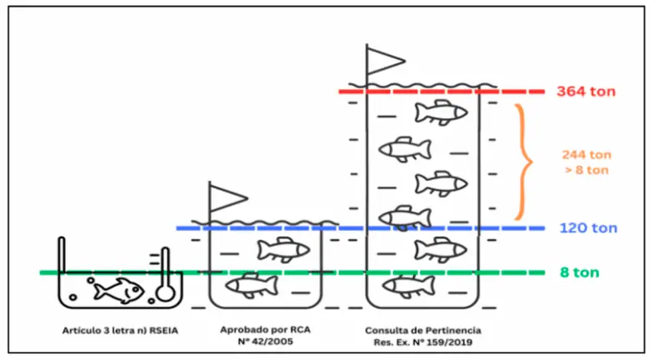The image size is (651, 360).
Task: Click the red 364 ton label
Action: pos(586,92)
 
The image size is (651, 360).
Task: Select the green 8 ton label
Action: pos(579,272)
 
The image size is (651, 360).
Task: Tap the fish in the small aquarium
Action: pos(121,289)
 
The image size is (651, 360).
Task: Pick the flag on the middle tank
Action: pos(226,197)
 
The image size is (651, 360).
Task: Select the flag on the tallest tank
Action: pos(384,58)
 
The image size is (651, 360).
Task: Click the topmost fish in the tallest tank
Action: pos(441,112)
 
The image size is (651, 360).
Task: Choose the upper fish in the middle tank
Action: pos(283,249)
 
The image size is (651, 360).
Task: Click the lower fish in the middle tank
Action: pos(251,285)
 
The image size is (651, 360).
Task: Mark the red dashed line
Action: pos(445,92)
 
